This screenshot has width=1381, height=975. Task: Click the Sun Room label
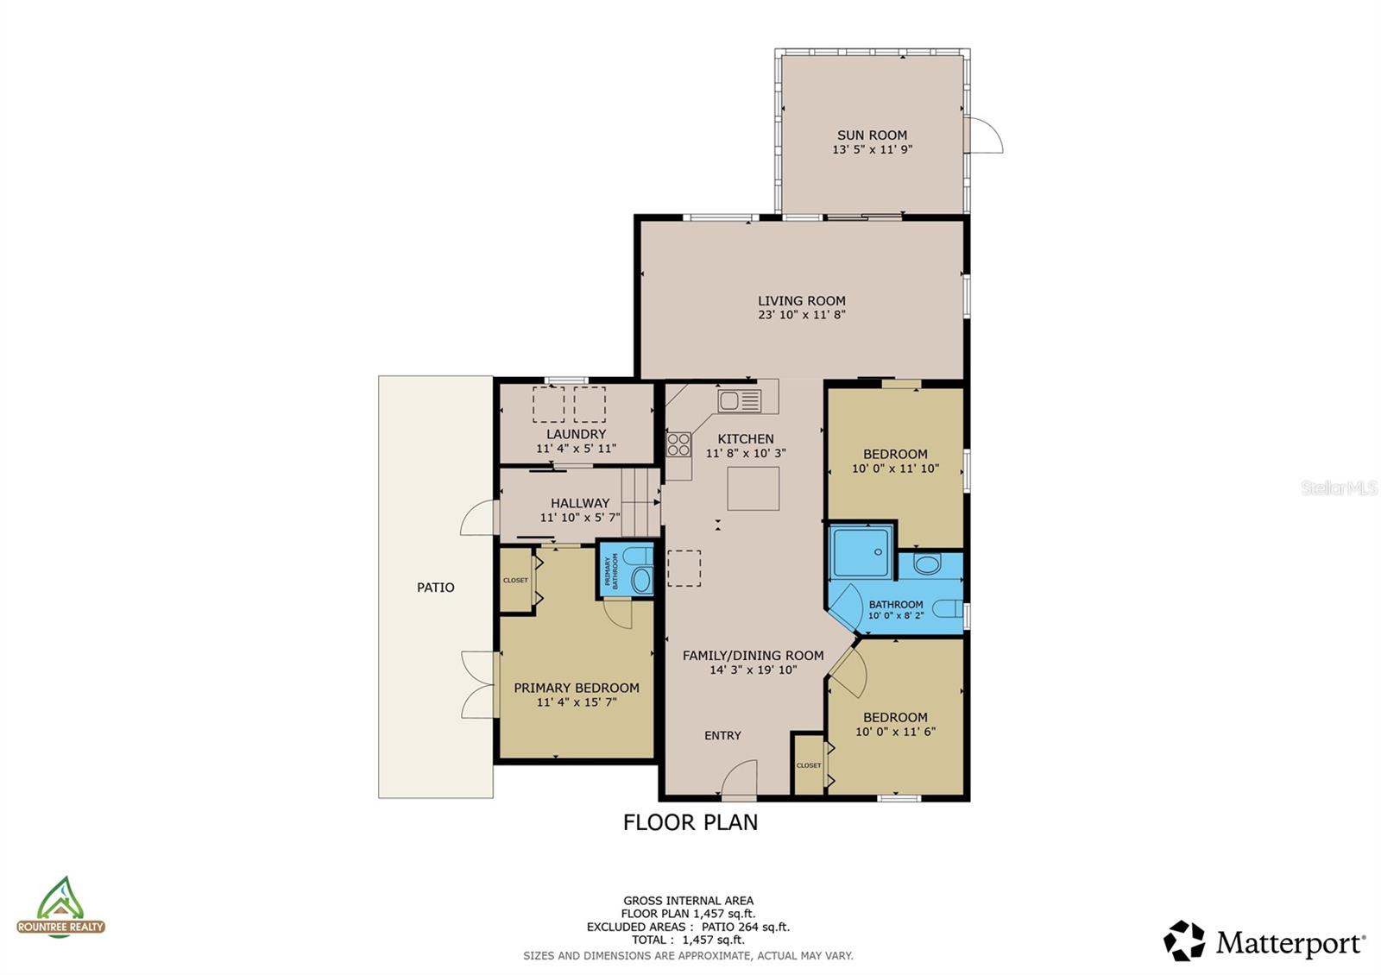[872, 135]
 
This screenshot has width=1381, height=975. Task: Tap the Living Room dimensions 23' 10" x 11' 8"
[802, 315]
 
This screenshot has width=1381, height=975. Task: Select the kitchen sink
[740, 400]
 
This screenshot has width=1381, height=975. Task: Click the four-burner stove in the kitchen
[678, 444]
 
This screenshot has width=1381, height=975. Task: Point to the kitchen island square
[753, 488]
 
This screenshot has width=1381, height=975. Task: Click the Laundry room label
[577, 434]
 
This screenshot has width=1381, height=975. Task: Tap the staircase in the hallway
[640, 502]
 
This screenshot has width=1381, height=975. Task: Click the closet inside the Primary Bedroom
[516, 581]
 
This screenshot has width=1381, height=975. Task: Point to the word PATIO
[435, 588]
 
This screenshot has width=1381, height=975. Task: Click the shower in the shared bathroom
[861, 551]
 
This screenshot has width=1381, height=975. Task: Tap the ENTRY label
[722, 736]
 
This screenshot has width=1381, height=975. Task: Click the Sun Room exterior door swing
[984, 135]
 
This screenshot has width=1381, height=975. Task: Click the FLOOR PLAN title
[690, 822]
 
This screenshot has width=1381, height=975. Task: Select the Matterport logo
[1264, 941]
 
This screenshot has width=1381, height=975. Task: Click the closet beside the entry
[809, 765]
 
